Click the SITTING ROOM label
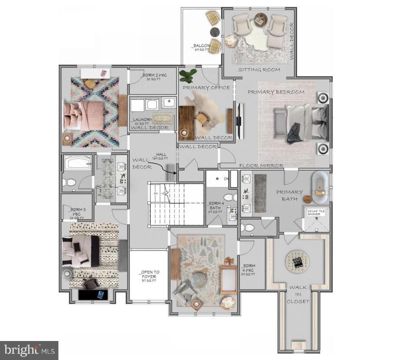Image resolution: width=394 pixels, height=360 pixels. pyautogui.click(x=259, y=70)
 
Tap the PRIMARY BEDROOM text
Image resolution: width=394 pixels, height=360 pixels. pyautogui.click(x=276, y=92)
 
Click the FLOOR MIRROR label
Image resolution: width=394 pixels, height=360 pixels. pyautogui.click(x=261, y=166)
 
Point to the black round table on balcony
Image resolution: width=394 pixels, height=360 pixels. pyautogui.click(x=215, y=32)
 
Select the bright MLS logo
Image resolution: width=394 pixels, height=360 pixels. pyautogui.click(x=29, y=350)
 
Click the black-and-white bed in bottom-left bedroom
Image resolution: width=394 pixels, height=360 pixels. pyautogui.click(x=81, y=251)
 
